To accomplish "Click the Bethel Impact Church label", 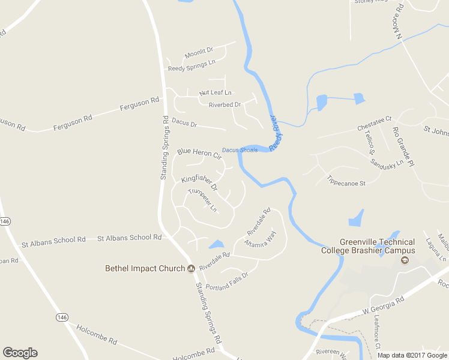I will coord(145,268).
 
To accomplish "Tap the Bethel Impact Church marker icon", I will coord(191,268).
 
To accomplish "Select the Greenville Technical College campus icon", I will coord(404,260).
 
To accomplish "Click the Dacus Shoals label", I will coord(240,150).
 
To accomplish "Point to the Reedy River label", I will coord(277,133).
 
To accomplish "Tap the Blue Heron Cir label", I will coord(199,154).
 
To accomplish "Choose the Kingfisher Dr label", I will coord(199,184).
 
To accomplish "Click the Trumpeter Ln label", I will coord(202,200).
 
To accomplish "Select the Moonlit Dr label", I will coord(199,53).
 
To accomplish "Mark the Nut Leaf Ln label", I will coord(215,93).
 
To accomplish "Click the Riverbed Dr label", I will coord(224,105).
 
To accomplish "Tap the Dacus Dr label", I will coord(184,123).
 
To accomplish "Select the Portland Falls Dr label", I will coord(227,279).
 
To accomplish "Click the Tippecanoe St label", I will coord(346,180).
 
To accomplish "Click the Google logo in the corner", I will coord(20,352).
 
